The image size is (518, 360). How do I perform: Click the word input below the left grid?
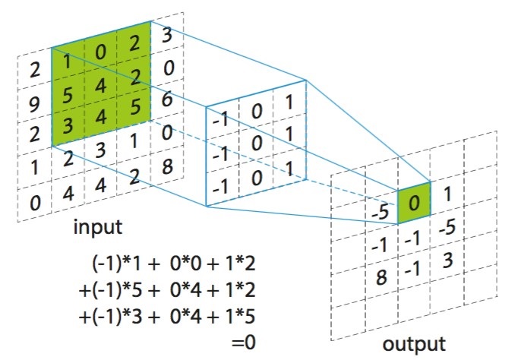(x=99, y=227)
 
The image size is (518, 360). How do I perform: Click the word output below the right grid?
(x=413, y=343)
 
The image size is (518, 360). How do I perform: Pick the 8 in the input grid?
(x=166, y=166)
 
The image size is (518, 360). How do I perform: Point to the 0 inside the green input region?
(x=100, y=53)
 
